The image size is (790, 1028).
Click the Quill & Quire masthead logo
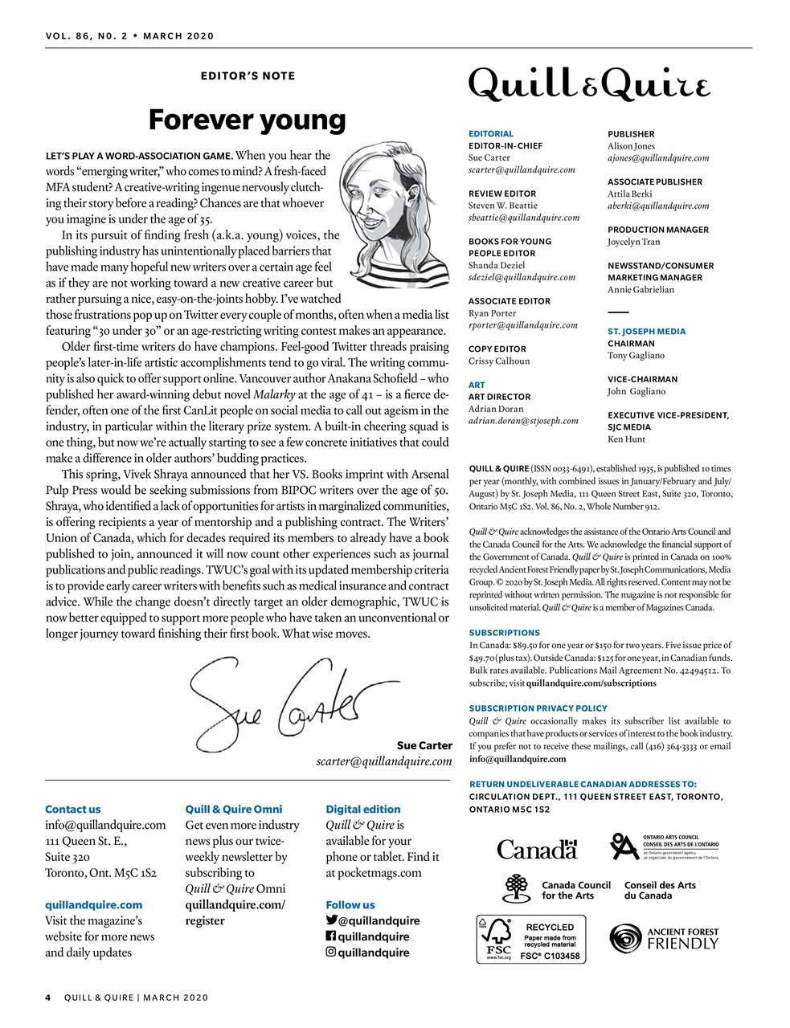[x=589, y=84]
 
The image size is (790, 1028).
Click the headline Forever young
[x=247, y=120]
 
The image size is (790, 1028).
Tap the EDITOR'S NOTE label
[x=248, y=76]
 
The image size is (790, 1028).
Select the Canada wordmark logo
[x=537, y=849]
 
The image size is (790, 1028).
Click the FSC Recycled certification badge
[x=531, y=938]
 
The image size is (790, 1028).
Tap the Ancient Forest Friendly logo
[x=664, y=938]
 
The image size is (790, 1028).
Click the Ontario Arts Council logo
[x=664, y=846]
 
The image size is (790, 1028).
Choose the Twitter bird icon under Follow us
[x=331, y=920]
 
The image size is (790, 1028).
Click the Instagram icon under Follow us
[x=330, y=953]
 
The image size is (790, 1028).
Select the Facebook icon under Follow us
[x=330, y=936]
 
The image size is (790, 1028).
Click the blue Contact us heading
[x=73, y=810]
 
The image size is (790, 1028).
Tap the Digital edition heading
[x=362, y=810]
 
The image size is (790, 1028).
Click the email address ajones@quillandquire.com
[x=658, y=158]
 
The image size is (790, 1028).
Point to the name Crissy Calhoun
[x=499, y=361]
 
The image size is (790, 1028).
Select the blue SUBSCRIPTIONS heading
[x=504, y=633]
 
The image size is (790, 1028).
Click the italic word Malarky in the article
[x=274, y=394]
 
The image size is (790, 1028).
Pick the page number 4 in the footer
[x=48, y=997]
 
